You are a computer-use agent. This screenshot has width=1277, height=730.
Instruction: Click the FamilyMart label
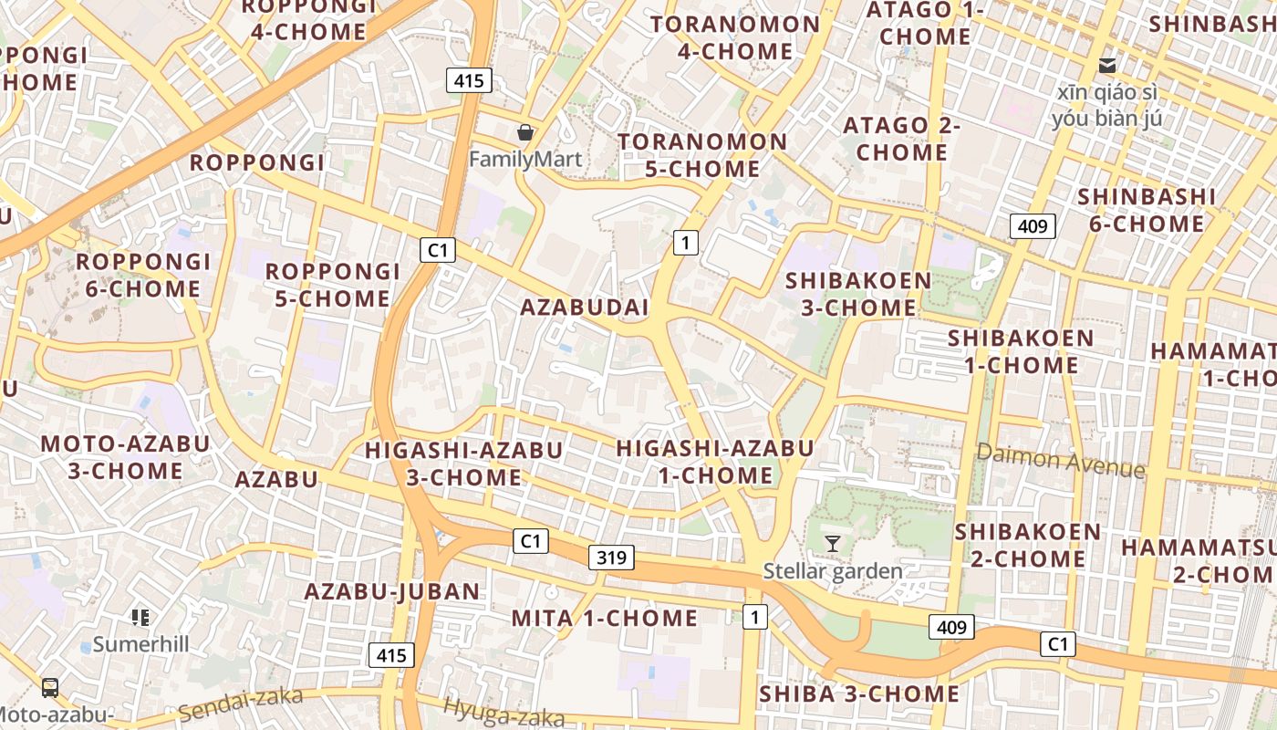pyautogui.click(x=524, y=160)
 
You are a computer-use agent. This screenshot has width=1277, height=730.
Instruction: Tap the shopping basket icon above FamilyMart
pyautogui.click(x=524, y=133)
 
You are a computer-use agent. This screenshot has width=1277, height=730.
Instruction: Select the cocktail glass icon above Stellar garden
pyautogui.click(x=832, y=544)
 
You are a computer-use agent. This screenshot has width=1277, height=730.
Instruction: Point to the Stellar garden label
pyautogui.click(x=832, y=572)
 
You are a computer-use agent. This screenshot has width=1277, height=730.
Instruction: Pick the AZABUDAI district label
pyautogui.click(x=584, y=308)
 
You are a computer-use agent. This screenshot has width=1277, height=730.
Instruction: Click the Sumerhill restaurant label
pyautogui.click(x=140, y=644)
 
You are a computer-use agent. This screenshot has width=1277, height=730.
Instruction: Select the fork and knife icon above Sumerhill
pyautogui.click(x=140, y=618)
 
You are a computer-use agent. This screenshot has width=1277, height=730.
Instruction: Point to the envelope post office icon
pyautogui.click(x=1107, y=66)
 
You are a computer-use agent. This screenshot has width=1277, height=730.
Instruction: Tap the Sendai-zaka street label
pyautogui.click(x=240, y=703)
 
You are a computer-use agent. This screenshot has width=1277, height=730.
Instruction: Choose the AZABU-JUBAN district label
pyautogui.click(x=392, y=591)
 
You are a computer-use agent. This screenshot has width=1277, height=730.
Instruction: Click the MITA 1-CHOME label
pyautogui.click(x=604, y=618)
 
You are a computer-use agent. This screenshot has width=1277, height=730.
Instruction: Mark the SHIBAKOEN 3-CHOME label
pyautogui.click(x=858, y=294)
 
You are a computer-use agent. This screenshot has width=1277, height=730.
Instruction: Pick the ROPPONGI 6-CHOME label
pyautogui.click(x=143, y=276)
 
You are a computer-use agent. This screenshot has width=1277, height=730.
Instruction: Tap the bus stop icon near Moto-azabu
pyautogui.click(x=50, y=687)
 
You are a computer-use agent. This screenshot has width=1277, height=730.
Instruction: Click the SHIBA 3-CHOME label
pyautogui.click(x=858, y=694)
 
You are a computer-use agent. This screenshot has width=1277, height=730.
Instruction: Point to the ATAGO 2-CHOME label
pyautogui.click(x=901, y=139)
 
